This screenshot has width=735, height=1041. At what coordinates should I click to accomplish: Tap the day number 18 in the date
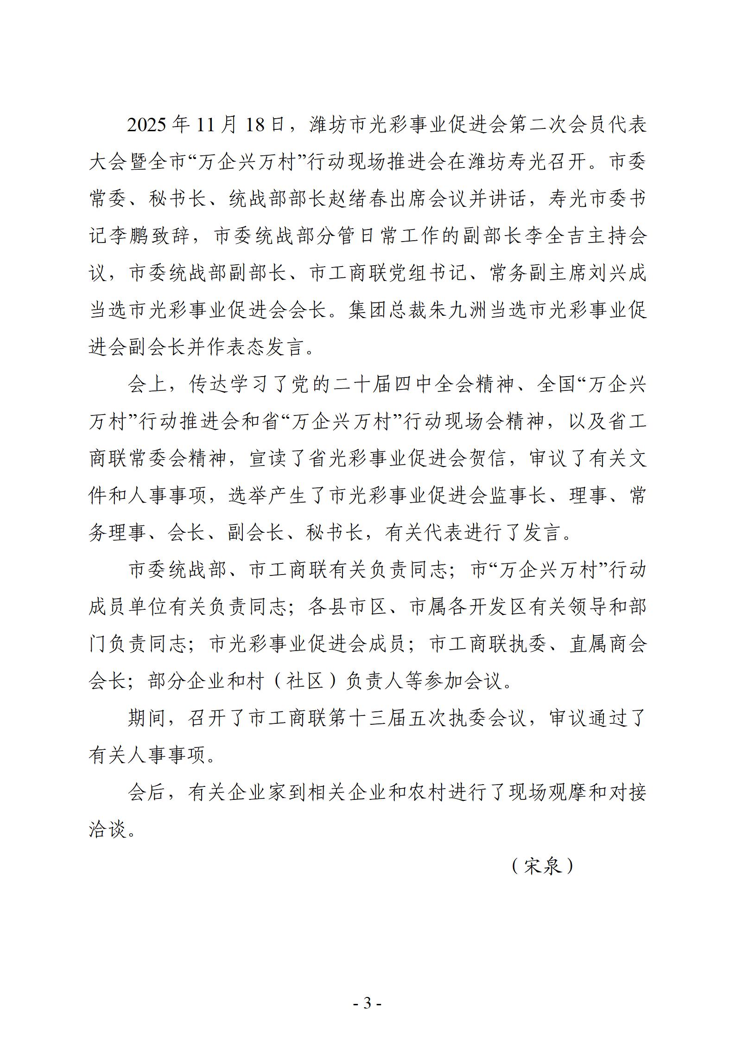click(x=254, y=126)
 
